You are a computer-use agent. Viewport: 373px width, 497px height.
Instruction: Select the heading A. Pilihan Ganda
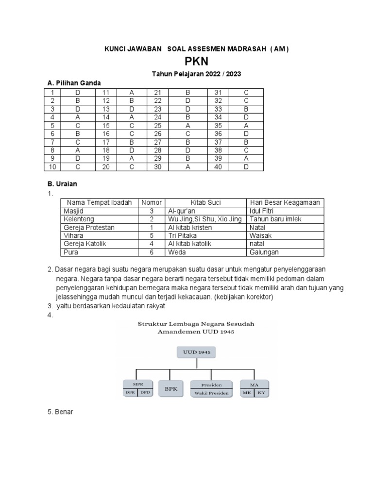point(73,83)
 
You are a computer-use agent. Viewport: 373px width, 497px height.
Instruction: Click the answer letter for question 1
point(77,92)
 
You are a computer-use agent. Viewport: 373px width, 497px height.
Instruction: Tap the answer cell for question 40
point(246,167)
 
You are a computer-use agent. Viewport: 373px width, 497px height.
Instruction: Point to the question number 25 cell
point(157,126)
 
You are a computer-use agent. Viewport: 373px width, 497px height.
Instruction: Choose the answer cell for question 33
point(246,109)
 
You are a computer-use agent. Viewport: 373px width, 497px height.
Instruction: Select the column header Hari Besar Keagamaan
point(285,202)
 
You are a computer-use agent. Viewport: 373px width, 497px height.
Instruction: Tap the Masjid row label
point(73,211)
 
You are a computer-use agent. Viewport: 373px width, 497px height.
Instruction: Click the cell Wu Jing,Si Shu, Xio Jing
point(204,219)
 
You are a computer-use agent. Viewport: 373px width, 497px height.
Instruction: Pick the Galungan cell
point(265,252)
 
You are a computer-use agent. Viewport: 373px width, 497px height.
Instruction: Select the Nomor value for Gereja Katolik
point(152,244)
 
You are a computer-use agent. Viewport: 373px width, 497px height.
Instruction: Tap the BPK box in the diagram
point(170,388)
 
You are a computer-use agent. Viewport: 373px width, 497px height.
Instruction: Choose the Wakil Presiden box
point(211,393)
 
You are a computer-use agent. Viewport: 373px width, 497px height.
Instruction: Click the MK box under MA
point(247,393)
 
